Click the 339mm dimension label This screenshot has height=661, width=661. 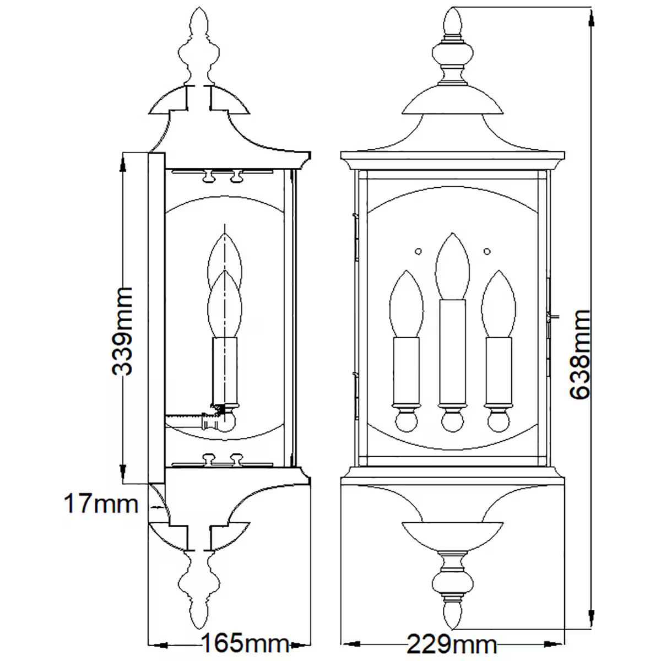(x=122, y=331)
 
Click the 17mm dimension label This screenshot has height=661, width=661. (x=100, y=503)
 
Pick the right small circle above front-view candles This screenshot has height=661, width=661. (x=486, y=252)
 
